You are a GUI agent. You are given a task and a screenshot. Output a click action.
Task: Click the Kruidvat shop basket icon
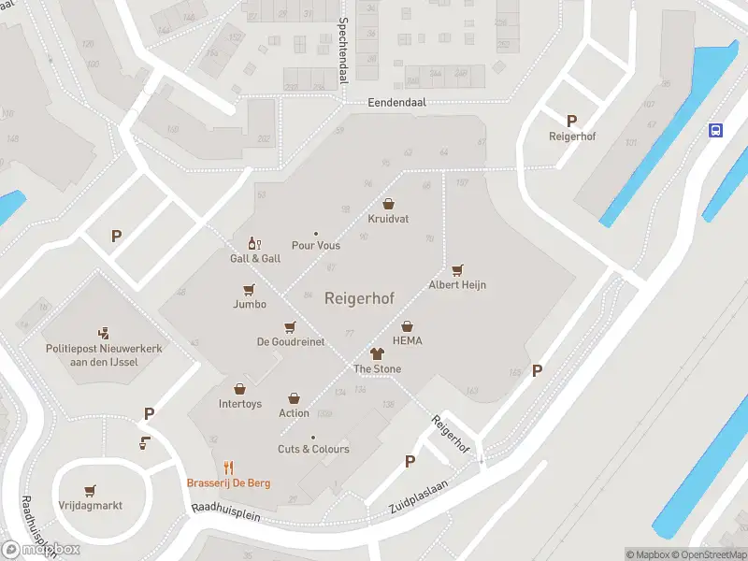coord(388,204)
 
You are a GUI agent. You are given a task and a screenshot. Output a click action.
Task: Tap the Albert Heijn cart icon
coord(457,269)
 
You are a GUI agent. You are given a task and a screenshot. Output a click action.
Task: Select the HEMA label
coord(407,341)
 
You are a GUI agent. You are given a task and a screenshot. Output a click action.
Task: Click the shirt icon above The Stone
coord(377,353)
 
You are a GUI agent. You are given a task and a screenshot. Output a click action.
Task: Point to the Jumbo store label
coord(250,304)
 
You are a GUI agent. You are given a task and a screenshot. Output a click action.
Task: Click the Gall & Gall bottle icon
coord(251,243)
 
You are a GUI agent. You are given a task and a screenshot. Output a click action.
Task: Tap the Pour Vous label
coord(316,246)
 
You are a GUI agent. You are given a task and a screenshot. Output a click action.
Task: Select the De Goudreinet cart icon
coord(291,327)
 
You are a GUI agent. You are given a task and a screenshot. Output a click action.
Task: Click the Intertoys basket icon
coord(239,389)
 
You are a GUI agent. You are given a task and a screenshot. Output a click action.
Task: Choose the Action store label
coord(294,413)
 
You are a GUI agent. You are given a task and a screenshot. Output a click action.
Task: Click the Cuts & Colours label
coord(313,449)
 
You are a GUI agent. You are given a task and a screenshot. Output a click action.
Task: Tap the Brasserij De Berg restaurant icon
coord(228,467)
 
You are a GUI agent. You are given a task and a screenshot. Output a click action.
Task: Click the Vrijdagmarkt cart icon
coord(90,490)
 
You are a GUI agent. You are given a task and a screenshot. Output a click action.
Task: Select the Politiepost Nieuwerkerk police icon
coord(105,332)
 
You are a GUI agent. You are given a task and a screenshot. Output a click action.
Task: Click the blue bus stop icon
coord(715,130)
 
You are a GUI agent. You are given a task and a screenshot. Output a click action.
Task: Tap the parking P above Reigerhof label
coord(571,120)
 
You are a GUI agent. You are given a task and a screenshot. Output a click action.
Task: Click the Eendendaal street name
coord(396,104)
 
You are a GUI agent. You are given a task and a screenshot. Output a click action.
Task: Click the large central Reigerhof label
coord(359,298)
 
